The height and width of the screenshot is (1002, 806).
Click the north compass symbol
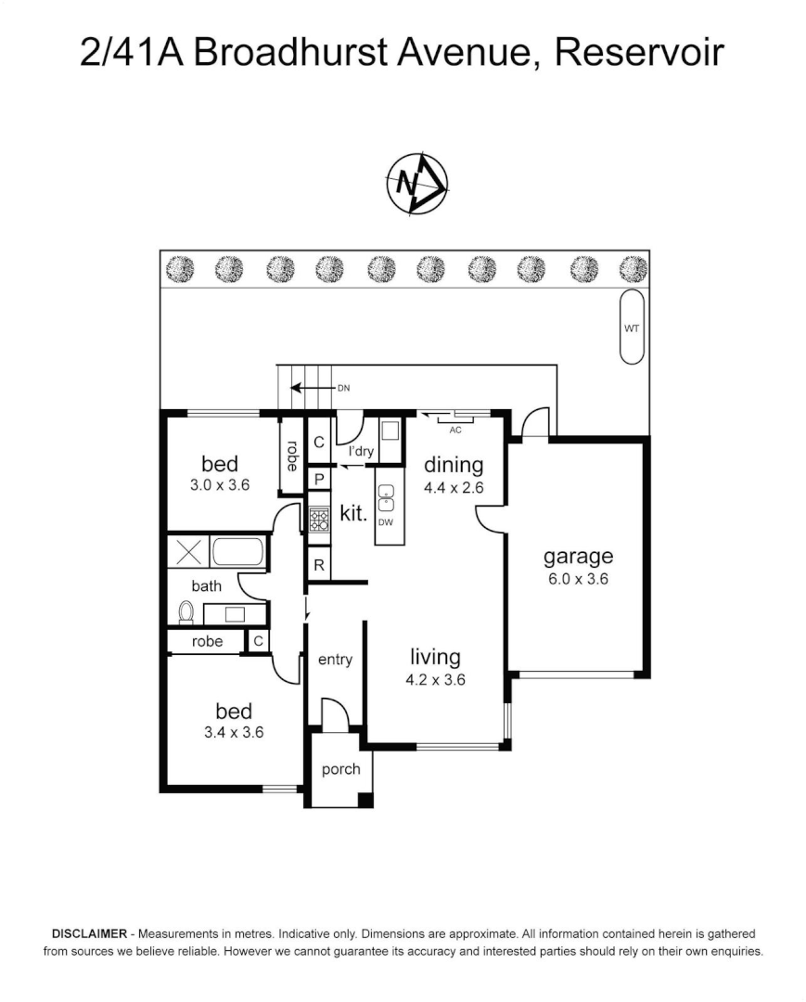click(416, 184)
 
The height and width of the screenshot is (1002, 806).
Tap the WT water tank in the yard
click(632, 327)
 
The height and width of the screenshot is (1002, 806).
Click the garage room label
click(578, 557)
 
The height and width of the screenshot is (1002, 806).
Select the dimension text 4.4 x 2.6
click(454, 487)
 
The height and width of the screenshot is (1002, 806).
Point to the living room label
click(435, 657)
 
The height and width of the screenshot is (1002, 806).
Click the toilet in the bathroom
click(186, 611)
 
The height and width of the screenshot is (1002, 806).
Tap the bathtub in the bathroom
click(238, 552)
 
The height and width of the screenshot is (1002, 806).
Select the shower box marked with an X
click(188, 552)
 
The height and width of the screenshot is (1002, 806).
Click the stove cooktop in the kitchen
click(319, 519)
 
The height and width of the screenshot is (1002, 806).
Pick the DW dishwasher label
click(387, 522)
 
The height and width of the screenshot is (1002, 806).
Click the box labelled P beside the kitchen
click(318, 480)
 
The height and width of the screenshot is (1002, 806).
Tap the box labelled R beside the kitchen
click(318, 564)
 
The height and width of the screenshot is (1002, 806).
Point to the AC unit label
click(454, 430)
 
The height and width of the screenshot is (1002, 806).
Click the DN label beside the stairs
click(342, 389)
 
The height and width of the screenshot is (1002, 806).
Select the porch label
click(340, 769)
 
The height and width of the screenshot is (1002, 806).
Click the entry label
click(335, 660)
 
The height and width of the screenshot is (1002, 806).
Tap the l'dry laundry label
click(361, 452)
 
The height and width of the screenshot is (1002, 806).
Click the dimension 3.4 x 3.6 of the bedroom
click(234, 732)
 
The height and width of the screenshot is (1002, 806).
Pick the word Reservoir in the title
click(638, 53)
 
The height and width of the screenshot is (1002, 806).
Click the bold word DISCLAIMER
click(88, 933)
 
